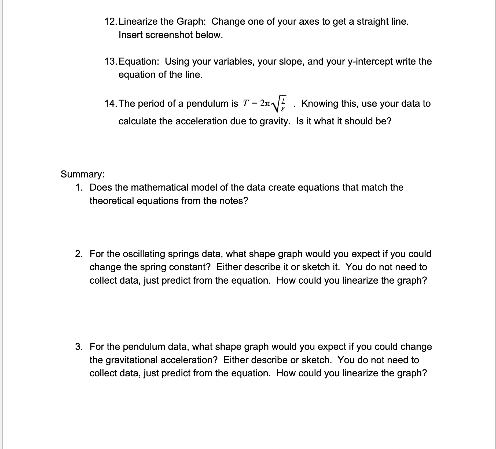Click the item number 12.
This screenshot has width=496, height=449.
tap(110, 21)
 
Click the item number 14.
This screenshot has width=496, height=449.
tap(110, 103)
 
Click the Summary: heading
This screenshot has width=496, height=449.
tap(82, 174)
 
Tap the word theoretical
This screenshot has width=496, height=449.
tap(112, 201)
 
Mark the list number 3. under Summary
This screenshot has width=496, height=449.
tap(79, 347)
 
